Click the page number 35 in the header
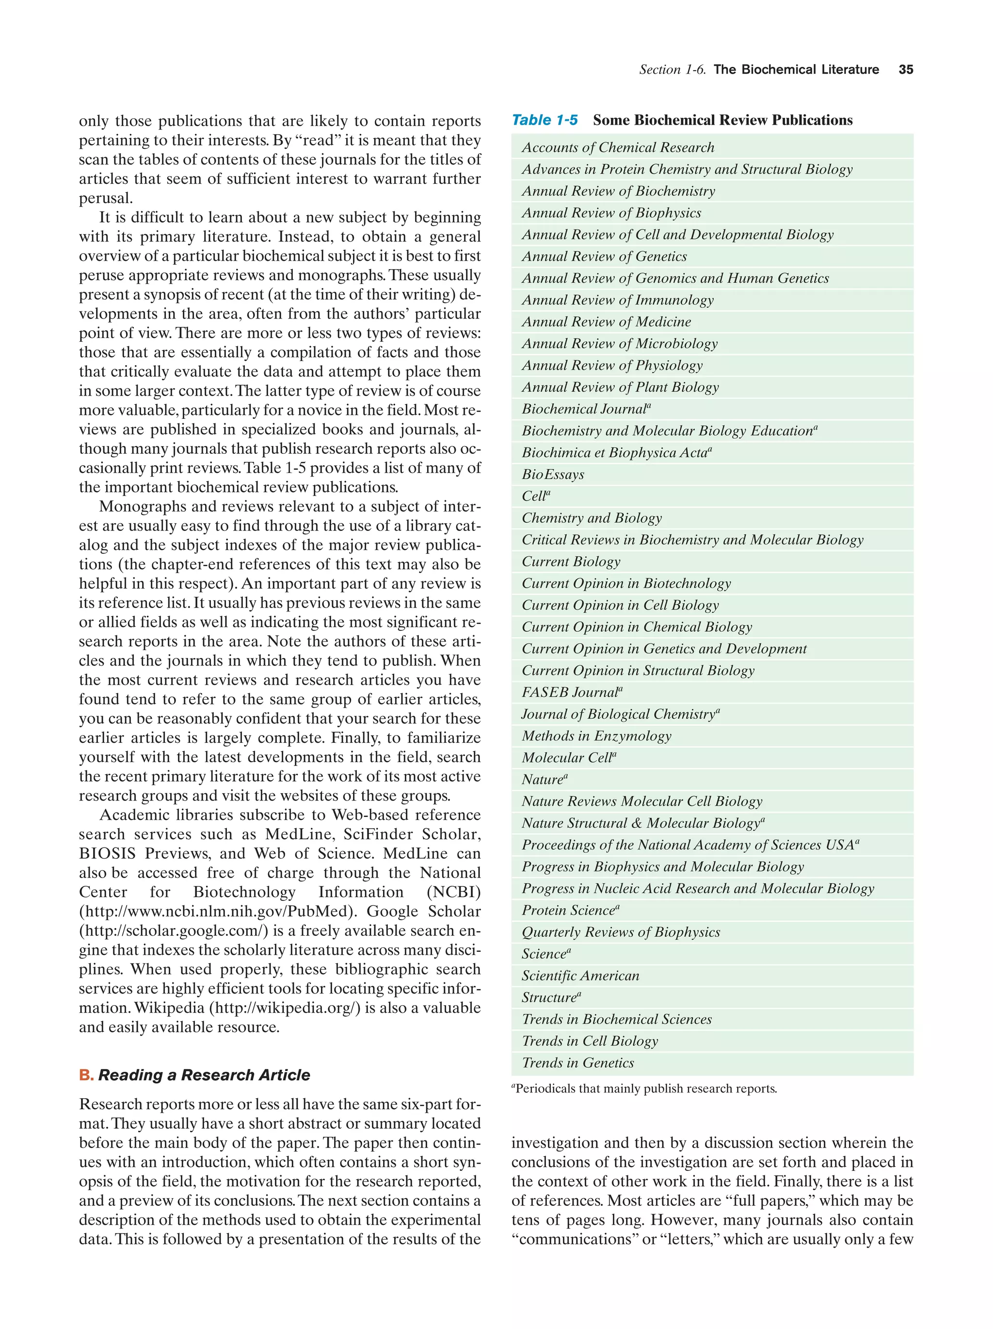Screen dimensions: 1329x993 (905, 70)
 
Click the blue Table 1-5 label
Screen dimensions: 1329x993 (544, 120)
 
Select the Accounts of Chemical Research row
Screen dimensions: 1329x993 (618, 148)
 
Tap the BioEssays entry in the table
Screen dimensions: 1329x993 (553, 475)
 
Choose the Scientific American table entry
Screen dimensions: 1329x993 (580, 976)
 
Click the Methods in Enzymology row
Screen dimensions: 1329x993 (596, 736)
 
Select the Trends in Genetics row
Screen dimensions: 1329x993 (578, 1063)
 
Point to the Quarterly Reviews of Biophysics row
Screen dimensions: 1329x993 (621, 932)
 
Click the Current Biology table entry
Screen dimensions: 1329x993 (571, 562)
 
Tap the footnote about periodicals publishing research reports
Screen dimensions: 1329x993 (644, 1089)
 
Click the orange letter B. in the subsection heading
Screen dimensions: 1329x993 (86, 1075)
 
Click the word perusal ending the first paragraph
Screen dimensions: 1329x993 (105, 198)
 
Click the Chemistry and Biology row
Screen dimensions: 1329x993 (592, 518)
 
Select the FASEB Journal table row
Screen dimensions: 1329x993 (571, 693)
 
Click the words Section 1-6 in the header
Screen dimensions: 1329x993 (672, 70)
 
